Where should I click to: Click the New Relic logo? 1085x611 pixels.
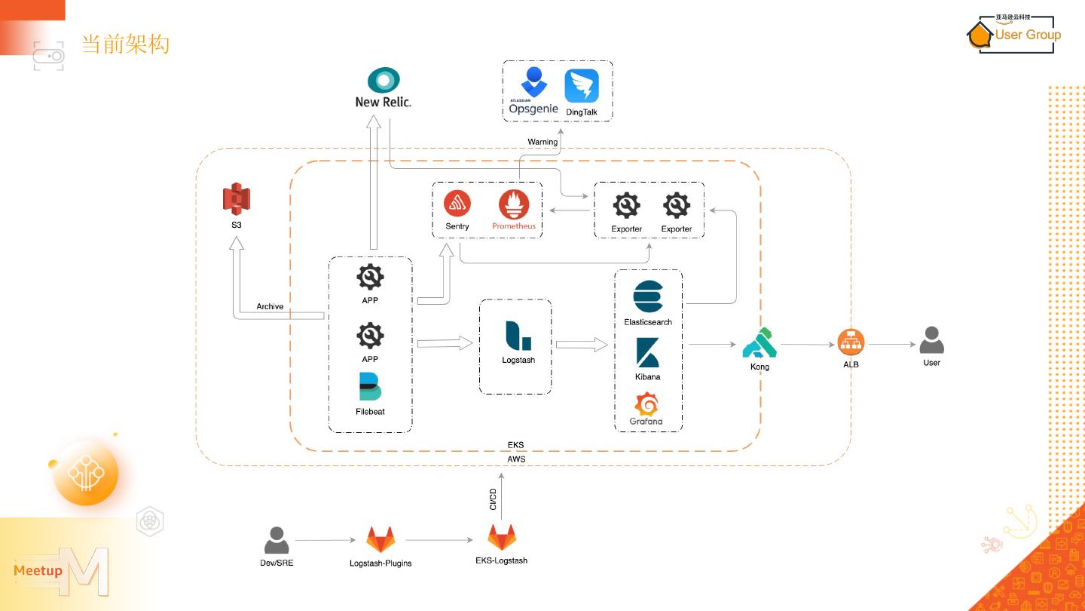pos(384,81)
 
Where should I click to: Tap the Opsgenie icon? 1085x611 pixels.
pos(533,82)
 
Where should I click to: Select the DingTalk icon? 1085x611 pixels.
pos(581,86)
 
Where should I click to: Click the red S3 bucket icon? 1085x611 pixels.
pos(236,198)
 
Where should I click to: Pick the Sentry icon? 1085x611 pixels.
pos(457,204)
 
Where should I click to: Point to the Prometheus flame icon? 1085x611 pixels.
pos(514,204)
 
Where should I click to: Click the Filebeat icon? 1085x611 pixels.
pos(370,386)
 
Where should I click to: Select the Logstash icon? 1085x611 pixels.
pos(518,335)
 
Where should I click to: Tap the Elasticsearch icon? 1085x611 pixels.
pos(647,296)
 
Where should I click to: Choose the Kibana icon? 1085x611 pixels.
pos(647,352)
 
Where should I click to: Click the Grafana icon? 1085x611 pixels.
pos(646,404)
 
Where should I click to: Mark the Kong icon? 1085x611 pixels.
pos(759,343)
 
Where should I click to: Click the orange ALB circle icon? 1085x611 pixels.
pos(851,343)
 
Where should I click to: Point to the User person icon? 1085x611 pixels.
pos(931,340)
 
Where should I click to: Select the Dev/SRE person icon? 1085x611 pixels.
pos(277,540)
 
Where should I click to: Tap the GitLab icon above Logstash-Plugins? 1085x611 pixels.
pos(381,540)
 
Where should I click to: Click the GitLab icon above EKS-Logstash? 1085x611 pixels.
pos(502,538)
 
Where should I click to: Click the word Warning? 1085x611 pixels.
pos(542,142)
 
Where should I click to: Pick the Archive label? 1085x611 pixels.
pos(270,306)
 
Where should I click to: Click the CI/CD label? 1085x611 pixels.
pos(494,499)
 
